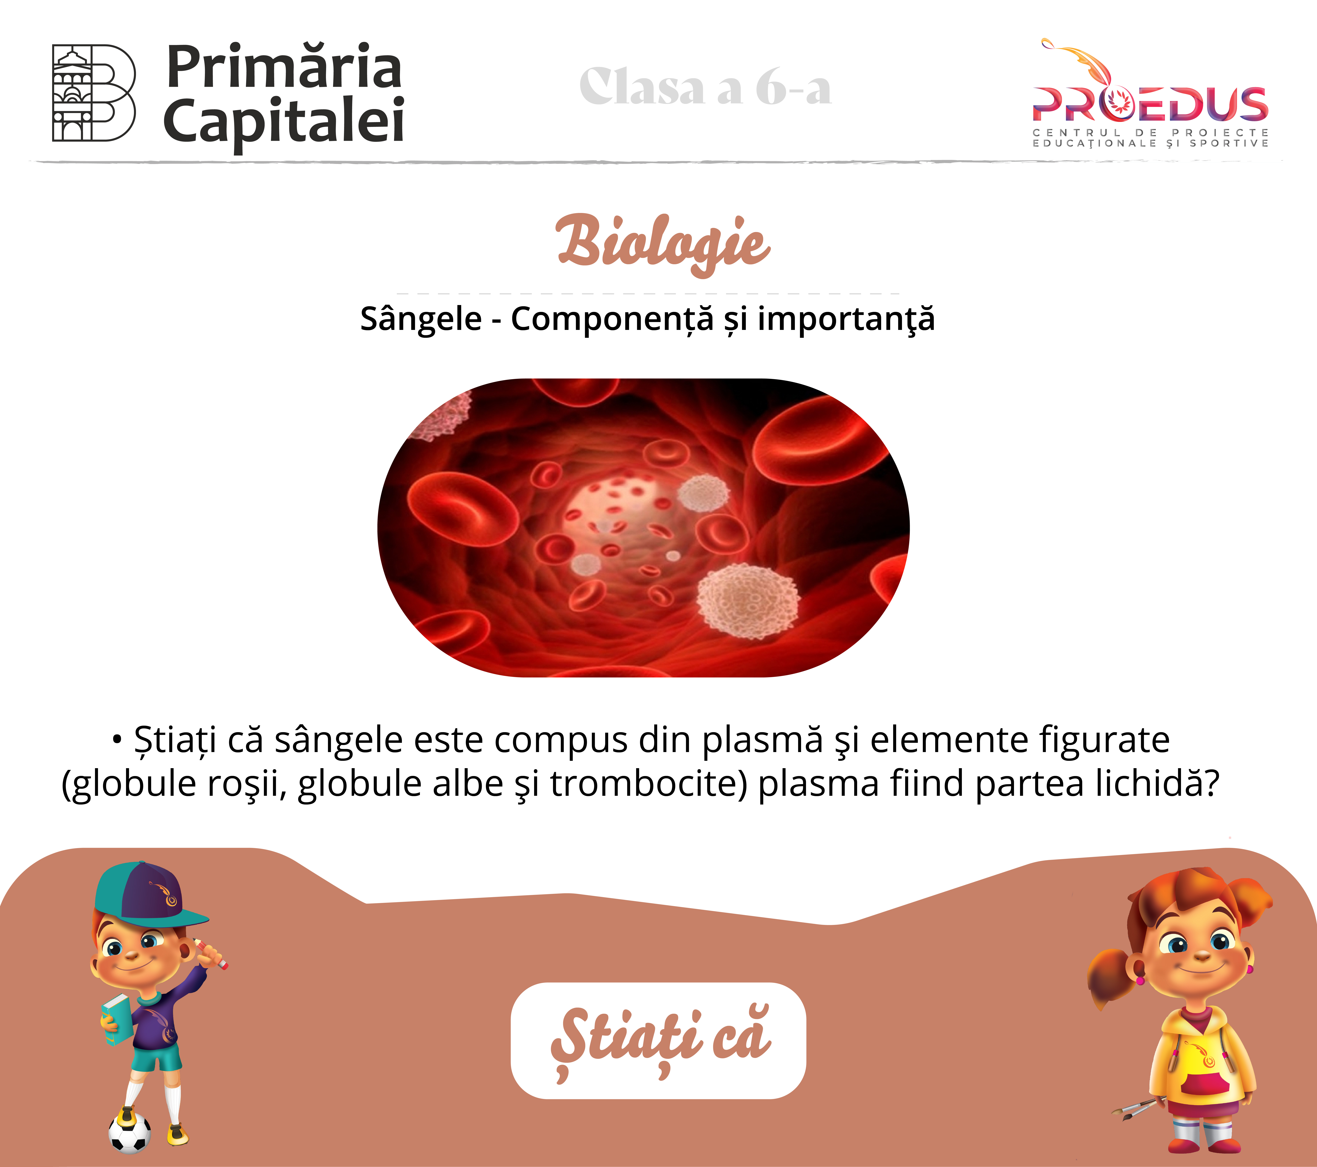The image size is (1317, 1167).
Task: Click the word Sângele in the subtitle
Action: point(421,319)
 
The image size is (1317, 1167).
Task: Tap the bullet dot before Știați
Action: point(117,740)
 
